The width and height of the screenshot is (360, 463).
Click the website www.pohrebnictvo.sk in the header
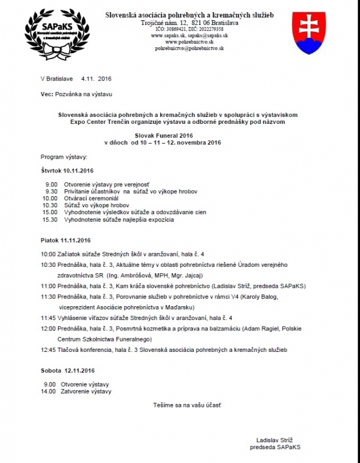(189, 42)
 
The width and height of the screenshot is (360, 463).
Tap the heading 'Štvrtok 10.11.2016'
(67, 171)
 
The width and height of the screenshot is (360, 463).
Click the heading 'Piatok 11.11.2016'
(65, 240)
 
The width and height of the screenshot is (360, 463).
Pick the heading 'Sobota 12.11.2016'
(67, 370)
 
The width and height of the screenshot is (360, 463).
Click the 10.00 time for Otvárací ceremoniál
(50, 198)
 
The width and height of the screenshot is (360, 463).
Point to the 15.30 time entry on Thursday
(50, 220)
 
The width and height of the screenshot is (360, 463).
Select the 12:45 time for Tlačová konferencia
(48, 350)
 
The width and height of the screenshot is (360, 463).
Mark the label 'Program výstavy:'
(64, 157)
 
